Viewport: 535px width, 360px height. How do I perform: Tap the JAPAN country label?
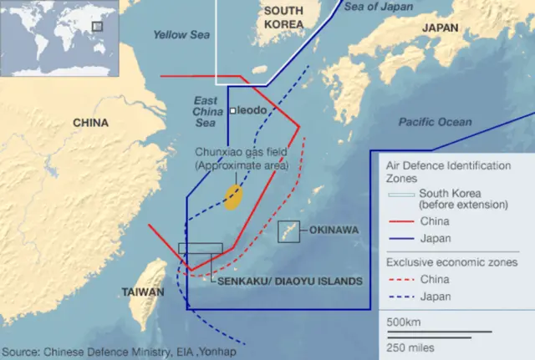(441, 27)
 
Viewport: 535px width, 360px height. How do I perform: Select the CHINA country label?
(90, 123)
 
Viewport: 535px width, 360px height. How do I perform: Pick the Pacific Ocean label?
(434, 122)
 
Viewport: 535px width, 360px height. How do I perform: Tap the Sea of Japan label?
(378, 8)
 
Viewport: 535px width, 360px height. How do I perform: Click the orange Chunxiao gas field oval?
(233, 196)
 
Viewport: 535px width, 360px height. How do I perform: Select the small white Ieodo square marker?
(232, 110)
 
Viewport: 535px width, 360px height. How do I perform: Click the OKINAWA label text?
(334, 229)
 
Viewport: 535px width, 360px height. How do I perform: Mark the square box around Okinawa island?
(289, 231)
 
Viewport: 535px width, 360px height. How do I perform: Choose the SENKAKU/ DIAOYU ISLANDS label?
(289, 281)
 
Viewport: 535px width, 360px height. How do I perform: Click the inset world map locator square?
(97, 27)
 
